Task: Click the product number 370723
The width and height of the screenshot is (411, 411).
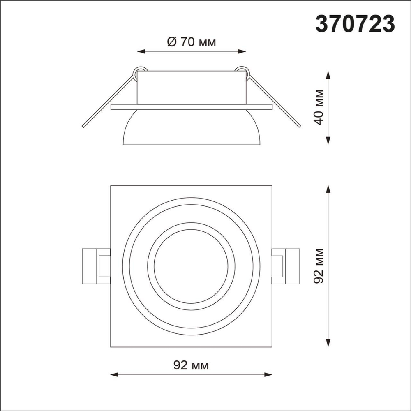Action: (355, 24)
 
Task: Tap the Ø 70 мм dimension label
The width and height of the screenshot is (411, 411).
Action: (192, 42)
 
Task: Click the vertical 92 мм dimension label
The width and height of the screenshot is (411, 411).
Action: (320, 266)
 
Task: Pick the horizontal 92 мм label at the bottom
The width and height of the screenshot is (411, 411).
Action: (192, 365)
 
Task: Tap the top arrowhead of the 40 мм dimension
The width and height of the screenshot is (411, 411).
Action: (328, 74)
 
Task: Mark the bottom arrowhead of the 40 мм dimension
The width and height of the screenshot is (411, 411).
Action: (328, 141)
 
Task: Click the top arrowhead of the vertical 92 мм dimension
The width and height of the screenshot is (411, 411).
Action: (328, 189)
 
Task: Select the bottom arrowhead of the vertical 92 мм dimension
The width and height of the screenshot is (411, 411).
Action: (328, 344)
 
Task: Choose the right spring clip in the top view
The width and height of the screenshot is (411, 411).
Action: (286, 266)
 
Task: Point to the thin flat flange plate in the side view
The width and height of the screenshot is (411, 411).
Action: (192, 107)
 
